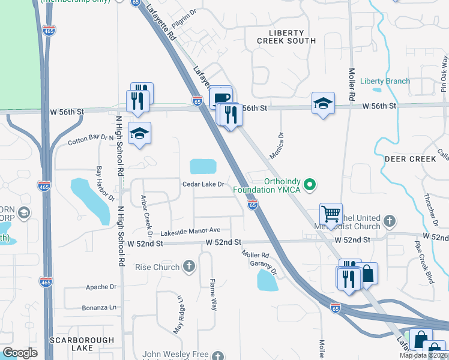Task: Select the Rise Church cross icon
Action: pos(189,266)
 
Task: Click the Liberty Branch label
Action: pos(385,81)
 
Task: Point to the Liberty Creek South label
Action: pos(286,37)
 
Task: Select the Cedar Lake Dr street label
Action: pos(203,184)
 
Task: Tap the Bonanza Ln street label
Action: pos(100,307)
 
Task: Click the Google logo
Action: pos(20,353)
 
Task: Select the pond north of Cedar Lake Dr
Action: pos(204,166)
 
